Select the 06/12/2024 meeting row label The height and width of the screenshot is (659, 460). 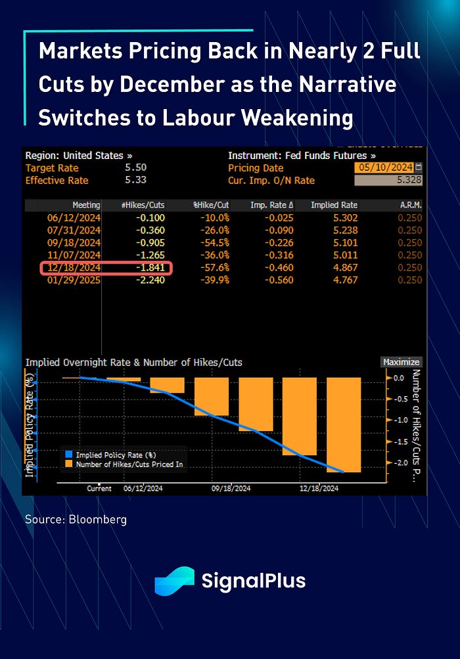coord(74,218)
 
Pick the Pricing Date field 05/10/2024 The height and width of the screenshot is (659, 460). coord(384,168)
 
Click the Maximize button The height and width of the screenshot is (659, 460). coord(401,362)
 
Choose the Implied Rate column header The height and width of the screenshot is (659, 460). coord(334,205)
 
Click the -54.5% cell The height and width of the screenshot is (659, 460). coord(214,243)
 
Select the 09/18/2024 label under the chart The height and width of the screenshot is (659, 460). coord(231,489)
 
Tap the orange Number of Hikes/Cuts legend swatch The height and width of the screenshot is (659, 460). coord(69,464)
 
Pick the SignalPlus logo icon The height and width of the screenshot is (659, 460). coord(174,581)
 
